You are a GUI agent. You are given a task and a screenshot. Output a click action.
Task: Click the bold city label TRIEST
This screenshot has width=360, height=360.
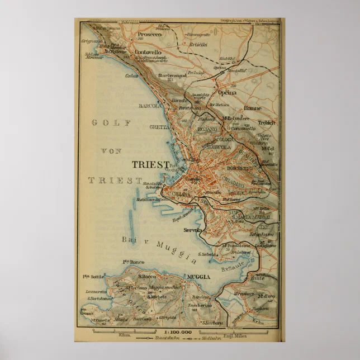point(150,164)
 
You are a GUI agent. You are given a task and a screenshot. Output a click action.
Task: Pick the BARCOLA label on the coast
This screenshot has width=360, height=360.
point(150,105)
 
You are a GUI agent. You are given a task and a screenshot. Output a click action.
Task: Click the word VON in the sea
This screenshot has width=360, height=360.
point(111,151)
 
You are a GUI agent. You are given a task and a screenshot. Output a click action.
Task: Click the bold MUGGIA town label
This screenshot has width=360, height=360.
point(199,277)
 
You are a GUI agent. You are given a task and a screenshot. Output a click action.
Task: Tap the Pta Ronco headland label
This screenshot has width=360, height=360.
point(134,262)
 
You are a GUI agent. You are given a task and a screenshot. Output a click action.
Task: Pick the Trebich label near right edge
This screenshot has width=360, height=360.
point(267,122)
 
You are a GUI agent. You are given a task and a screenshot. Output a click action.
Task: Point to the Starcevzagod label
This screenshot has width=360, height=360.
point(170,75)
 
